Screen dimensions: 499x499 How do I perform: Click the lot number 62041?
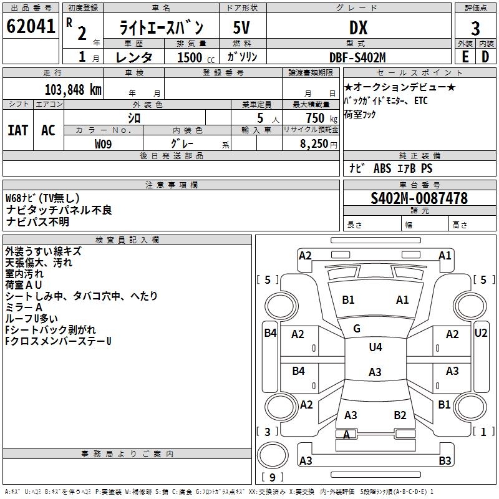(30, 27)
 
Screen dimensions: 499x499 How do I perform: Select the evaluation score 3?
(475, 28)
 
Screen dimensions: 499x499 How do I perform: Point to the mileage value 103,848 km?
(73, 89)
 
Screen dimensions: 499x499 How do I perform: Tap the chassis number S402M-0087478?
(419, 198)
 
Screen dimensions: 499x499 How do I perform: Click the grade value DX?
(358, 27)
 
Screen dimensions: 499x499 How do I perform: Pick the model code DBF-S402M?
(357, 57)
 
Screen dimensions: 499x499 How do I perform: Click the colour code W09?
(104, 143)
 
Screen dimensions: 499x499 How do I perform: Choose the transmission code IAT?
(17, 130)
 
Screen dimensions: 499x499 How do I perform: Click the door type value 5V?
(242, 27)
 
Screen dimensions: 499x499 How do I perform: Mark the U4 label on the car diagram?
(375, 347)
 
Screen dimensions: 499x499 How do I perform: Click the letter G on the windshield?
(357, 328)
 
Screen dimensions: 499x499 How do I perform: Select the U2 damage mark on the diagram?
(480, 333)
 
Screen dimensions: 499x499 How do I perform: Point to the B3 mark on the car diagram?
(445, 461)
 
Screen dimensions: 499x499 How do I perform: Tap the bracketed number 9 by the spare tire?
(273, 478)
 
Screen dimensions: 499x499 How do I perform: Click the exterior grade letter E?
(465, 56)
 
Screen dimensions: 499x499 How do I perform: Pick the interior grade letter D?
(485, 56)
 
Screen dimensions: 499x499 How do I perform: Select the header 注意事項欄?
(172, 185)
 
